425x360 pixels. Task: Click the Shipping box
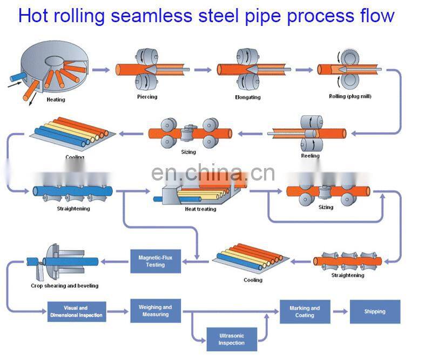click(x=375, y=312)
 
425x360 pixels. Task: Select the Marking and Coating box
click(x=305, y=312)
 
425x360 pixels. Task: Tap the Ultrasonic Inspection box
click(x=232, y=339)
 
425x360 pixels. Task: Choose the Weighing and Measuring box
click(x=156, y=311)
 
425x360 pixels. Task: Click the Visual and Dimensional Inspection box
click(x=76, y=312)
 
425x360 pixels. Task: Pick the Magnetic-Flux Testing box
click(x=155, y=261)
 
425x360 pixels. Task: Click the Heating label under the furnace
click(x=56, y=99)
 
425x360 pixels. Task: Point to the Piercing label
click(x=147, y=97)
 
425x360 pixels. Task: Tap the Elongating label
click(x=248, y=97)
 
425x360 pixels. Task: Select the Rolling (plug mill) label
click(x=350, y=97)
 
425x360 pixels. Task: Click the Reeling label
click(x=310, y=156)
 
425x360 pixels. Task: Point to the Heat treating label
click(x=200, y=209)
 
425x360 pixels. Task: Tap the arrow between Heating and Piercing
click(x=100, y=69)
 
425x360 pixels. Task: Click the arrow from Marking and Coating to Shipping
click(x=340, y=311)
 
